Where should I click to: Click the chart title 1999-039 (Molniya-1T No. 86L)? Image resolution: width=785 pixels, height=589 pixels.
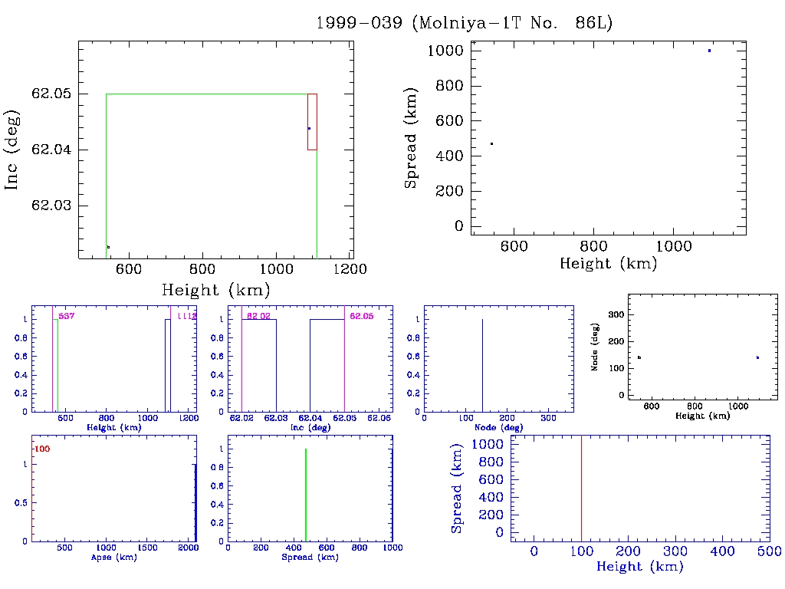(x=465, y=23)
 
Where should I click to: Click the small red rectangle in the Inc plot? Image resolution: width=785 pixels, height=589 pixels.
(x=312, y=122)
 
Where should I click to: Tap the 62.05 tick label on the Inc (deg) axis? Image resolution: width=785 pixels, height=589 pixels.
(x=50, y=94)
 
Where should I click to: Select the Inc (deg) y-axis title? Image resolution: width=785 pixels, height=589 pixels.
(x=13, y=150)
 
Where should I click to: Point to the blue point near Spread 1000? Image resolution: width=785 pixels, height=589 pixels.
(x=709, y=51)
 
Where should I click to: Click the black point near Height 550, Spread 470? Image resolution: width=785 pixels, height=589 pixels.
(x=491, y=143)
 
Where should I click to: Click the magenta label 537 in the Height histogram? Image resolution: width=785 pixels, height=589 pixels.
(x=66, y=315)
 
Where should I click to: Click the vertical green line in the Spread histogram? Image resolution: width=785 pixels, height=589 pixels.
(x=306, y=495)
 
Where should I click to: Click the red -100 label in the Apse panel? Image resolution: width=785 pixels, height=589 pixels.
(x=41, y=449)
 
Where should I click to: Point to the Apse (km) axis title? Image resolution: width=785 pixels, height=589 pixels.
(x=113, y=558)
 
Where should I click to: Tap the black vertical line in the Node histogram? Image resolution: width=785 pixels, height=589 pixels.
(x=482, y=365)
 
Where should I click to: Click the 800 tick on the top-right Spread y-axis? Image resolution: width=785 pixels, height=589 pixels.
(x=450, y=86)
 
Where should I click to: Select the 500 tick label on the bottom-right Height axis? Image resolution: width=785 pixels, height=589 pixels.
(x=770, y=551)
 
